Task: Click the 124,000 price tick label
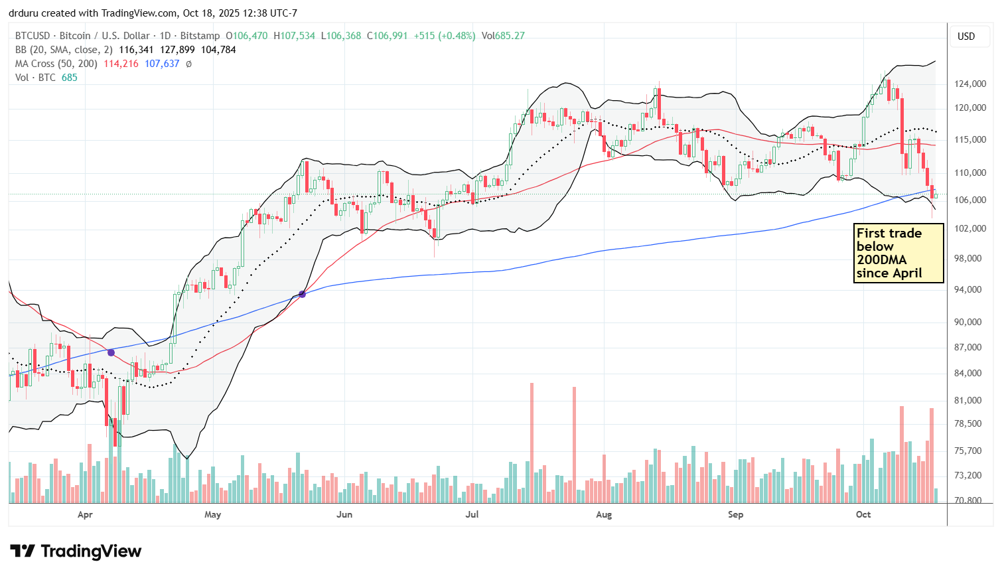pos(969,84)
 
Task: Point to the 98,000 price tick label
pos(969,258)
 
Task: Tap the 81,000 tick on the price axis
pos(969,400)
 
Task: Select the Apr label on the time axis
pos(85,514)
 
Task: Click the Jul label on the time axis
pos(472,514)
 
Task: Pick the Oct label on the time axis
pos(863,514)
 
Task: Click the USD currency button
pos(966,36)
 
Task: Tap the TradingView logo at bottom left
pos(76,551)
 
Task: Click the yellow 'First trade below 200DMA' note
pos(898,253)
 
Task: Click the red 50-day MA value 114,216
pos(121,64)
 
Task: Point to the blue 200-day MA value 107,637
pos(162,64)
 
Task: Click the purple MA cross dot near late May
pos(303,294)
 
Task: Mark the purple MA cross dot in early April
pos(111,352)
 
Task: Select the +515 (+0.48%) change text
pos(444,36)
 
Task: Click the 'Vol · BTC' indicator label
pos(36,78)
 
